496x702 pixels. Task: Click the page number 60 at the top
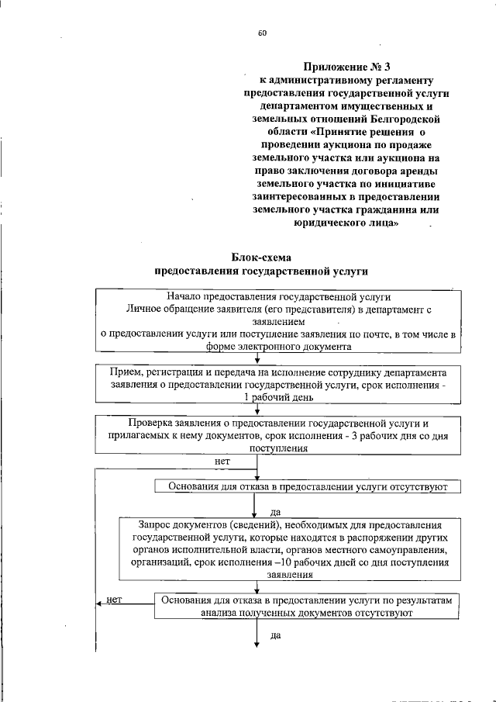262,33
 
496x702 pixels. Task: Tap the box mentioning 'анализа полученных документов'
307,605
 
